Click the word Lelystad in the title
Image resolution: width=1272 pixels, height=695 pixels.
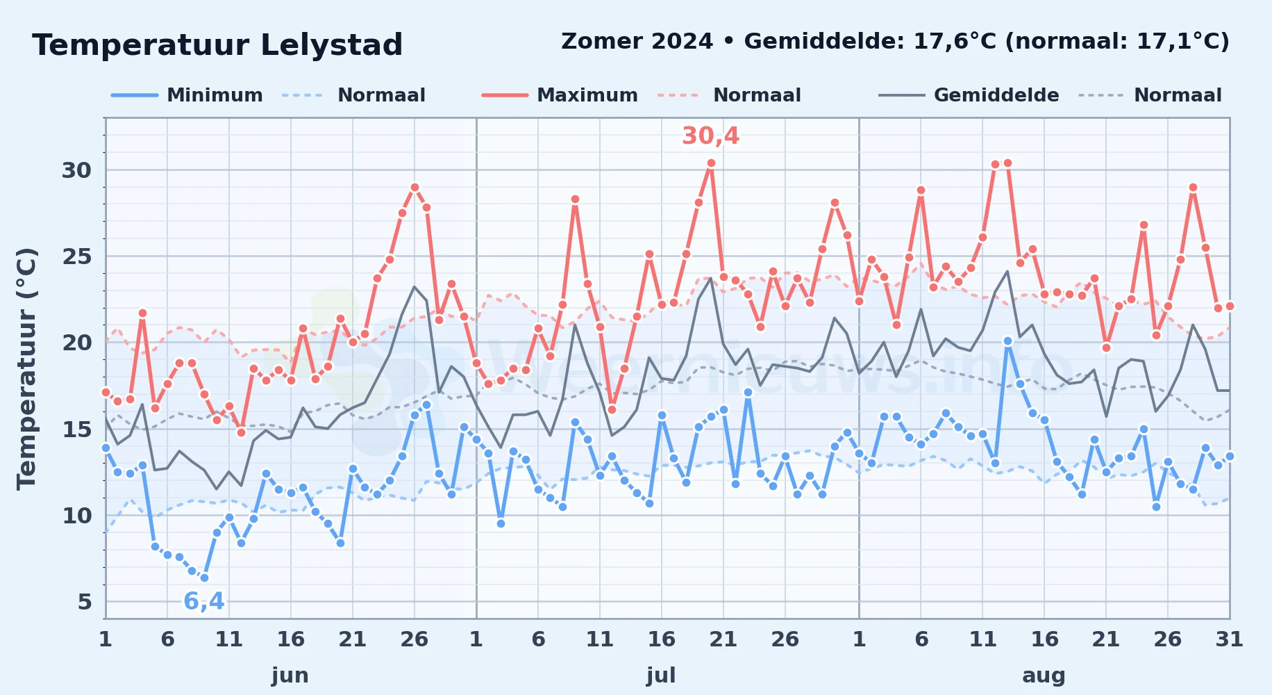pyautogui.click(x=330, y=46)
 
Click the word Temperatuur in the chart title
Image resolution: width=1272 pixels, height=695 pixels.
pyautogui.click(x=141, y=46)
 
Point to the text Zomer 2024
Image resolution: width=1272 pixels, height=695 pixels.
pyautogui.click(x=637, y=42)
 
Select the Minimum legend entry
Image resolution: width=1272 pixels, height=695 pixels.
pyautogui.click(x=187, y=95)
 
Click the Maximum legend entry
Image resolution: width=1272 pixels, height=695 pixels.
pyautogui.click(x=560, y=95)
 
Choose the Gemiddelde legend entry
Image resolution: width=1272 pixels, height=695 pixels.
pyautogui.click(x=969, y=95)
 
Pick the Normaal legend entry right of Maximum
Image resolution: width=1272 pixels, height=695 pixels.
pyautogui.click(x=730, y=95)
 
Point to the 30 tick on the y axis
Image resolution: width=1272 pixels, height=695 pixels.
pyautogui.click(x=76, y=170)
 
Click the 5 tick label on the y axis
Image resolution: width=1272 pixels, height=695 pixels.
pyautogui.click(x=85, y=602)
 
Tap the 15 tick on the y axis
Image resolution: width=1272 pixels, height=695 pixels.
pyautogui.click(x=76, y=430)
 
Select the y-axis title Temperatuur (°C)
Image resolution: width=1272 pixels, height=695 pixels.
pyautogui.click(x=26, y=368)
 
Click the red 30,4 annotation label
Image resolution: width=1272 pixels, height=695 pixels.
pyautogui.click(x=710, y=136)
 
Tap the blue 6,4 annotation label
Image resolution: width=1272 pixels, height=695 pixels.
pyautogui.click(x=204, y=600)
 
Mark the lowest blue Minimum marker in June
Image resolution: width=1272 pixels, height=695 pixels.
pyautogui.click(x=204, y=578)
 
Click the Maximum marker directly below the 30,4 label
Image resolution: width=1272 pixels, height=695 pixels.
pyautogui.click(x=711, y=163)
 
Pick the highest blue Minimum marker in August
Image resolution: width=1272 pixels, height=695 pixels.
pyautogui.click(x=1007, y=341)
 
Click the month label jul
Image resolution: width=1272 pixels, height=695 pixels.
pyautogui.click(x=661, y=676)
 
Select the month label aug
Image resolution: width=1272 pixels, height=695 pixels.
pyautogui.click(x=1044, y=676)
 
